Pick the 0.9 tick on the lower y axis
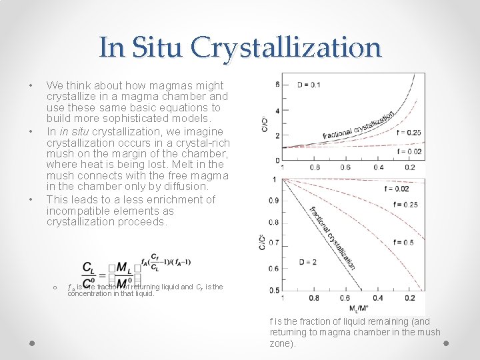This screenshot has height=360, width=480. tap(273, 201)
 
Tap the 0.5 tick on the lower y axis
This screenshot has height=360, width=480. tap(273, 291)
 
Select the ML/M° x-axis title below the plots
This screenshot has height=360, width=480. tap(358, 308)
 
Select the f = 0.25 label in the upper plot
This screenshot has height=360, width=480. tap(407, 133)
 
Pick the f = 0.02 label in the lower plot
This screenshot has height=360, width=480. tap(397, 189)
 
